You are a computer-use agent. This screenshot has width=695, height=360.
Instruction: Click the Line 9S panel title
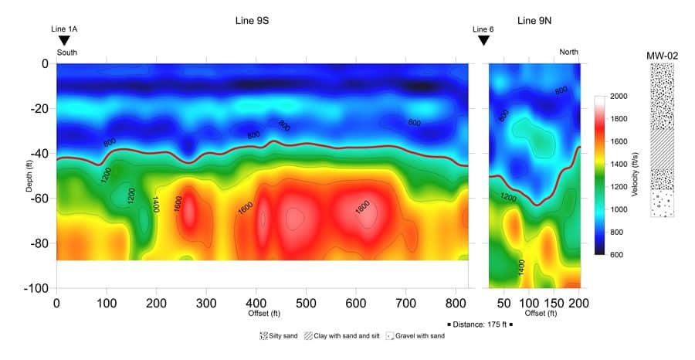253,21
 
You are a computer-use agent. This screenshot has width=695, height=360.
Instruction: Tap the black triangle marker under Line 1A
64,40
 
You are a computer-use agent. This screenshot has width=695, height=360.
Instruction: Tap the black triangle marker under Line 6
483,40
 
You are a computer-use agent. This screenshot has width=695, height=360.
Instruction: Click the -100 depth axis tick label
37,288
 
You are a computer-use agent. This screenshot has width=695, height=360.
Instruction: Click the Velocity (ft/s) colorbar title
635,175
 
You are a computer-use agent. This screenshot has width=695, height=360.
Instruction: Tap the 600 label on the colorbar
618,254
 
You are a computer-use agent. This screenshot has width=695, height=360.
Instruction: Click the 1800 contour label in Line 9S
364,209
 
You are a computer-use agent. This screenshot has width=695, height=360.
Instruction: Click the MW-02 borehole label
662,56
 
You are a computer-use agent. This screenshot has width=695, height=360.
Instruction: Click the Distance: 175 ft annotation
480,324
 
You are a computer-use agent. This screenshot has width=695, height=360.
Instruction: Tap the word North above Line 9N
568,52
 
